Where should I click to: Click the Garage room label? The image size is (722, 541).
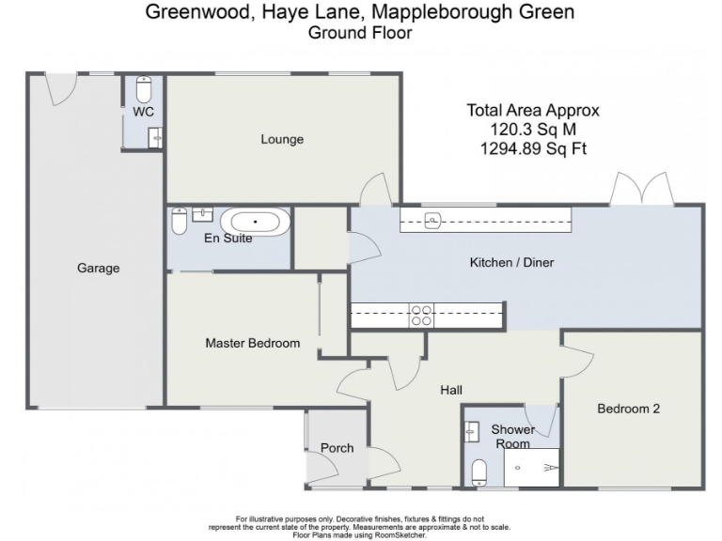98,269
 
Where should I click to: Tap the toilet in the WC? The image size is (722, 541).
144,89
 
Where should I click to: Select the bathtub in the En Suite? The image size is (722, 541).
255,224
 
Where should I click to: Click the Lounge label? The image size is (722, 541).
282,140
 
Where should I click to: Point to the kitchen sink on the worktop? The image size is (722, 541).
433,221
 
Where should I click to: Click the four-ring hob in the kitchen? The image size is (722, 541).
421,315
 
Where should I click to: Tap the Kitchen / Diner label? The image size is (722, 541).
511,263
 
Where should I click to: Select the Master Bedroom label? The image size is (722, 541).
252,344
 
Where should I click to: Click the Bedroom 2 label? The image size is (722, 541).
629,409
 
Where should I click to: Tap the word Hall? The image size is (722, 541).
451,391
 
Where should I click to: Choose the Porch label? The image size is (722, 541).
337,448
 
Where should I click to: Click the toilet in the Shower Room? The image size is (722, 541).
479,470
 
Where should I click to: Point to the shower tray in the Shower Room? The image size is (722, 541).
532,466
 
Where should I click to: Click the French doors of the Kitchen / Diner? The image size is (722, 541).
641,191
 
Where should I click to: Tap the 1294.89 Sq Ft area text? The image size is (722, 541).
533,148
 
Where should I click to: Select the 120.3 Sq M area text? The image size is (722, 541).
533,130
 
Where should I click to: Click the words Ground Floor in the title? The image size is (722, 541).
360,32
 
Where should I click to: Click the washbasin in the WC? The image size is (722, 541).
155,138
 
